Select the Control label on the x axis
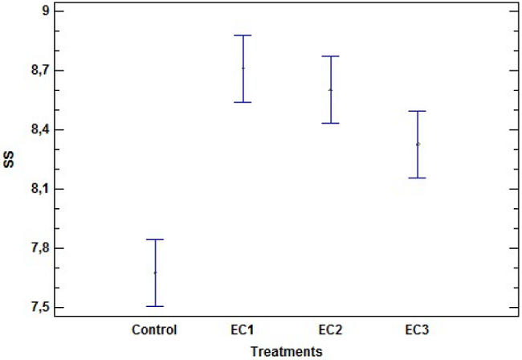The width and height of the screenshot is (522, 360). (x=154, y=329)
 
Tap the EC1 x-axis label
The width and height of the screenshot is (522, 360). (x=243, y=329)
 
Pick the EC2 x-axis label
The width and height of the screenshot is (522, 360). (x=330, y=329)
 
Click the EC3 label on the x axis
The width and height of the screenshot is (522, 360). (x=418, y=329)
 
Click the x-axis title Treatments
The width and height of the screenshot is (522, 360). (x=286, y=351)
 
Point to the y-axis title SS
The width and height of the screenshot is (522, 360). (x=9, y=160)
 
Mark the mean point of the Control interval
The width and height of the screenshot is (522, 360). (x=155, y=272)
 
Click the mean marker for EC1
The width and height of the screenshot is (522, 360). (x=243, y=68)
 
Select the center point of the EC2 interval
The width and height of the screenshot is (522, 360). (x=330, y=89)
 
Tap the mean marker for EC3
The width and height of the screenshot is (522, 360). (x=418, y=144)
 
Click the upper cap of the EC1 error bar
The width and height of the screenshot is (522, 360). (x=243, y=35)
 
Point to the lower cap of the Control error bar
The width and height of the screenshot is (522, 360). (x=155, y=306)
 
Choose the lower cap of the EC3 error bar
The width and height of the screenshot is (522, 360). (x=418, y=178)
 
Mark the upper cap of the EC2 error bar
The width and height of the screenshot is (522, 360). (x=330, y=56)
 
